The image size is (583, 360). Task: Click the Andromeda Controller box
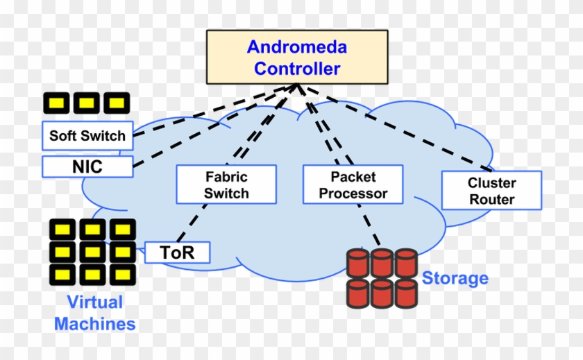coord(297,58)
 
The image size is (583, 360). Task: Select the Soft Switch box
coord(87,135)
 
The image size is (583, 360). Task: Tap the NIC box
coord(87,166)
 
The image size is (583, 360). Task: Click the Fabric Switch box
coord(227,185)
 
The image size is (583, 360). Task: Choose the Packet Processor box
coord(353,185)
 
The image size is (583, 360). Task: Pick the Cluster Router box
coord(491,191)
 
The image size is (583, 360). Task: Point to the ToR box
coord(177,252)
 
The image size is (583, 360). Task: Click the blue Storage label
coord(455,279)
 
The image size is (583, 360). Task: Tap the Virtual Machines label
coord(94,313)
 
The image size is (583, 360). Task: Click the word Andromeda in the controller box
coord(297,47)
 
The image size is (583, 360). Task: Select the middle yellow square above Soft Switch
coord(87,103)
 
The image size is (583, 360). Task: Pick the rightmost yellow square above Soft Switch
coord(117,103)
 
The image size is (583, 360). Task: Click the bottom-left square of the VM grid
coord(62,273)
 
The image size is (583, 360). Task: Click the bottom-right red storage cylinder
coord(405,293)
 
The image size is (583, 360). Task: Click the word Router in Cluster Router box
coord(491,200)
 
